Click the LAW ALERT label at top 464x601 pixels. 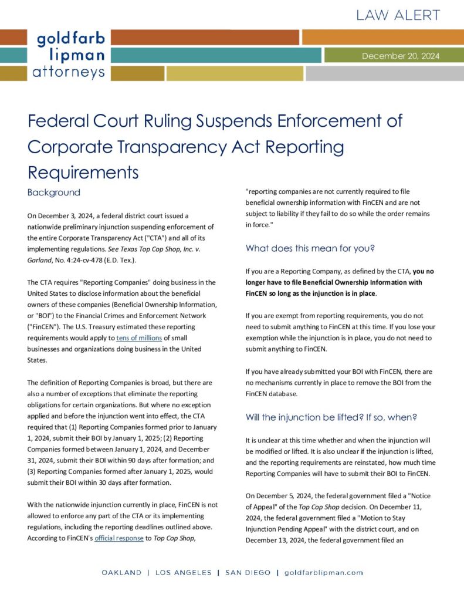pos(397,16)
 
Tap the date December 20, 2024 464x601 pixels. pos(400,56)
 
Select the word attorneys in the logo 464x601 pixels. pos(69,72)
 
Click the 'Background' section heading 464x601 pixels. pos(53,193)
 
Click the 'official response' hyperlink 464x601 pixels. pos(118,538)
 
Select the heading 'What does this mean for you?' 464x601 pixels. pos(310,248)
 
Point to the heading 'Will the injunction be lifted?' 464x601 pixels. pos(331,418)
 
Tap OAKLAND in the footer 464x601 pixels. pos(121,572)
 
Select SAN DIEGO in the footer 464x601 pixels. pos(248,572)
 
